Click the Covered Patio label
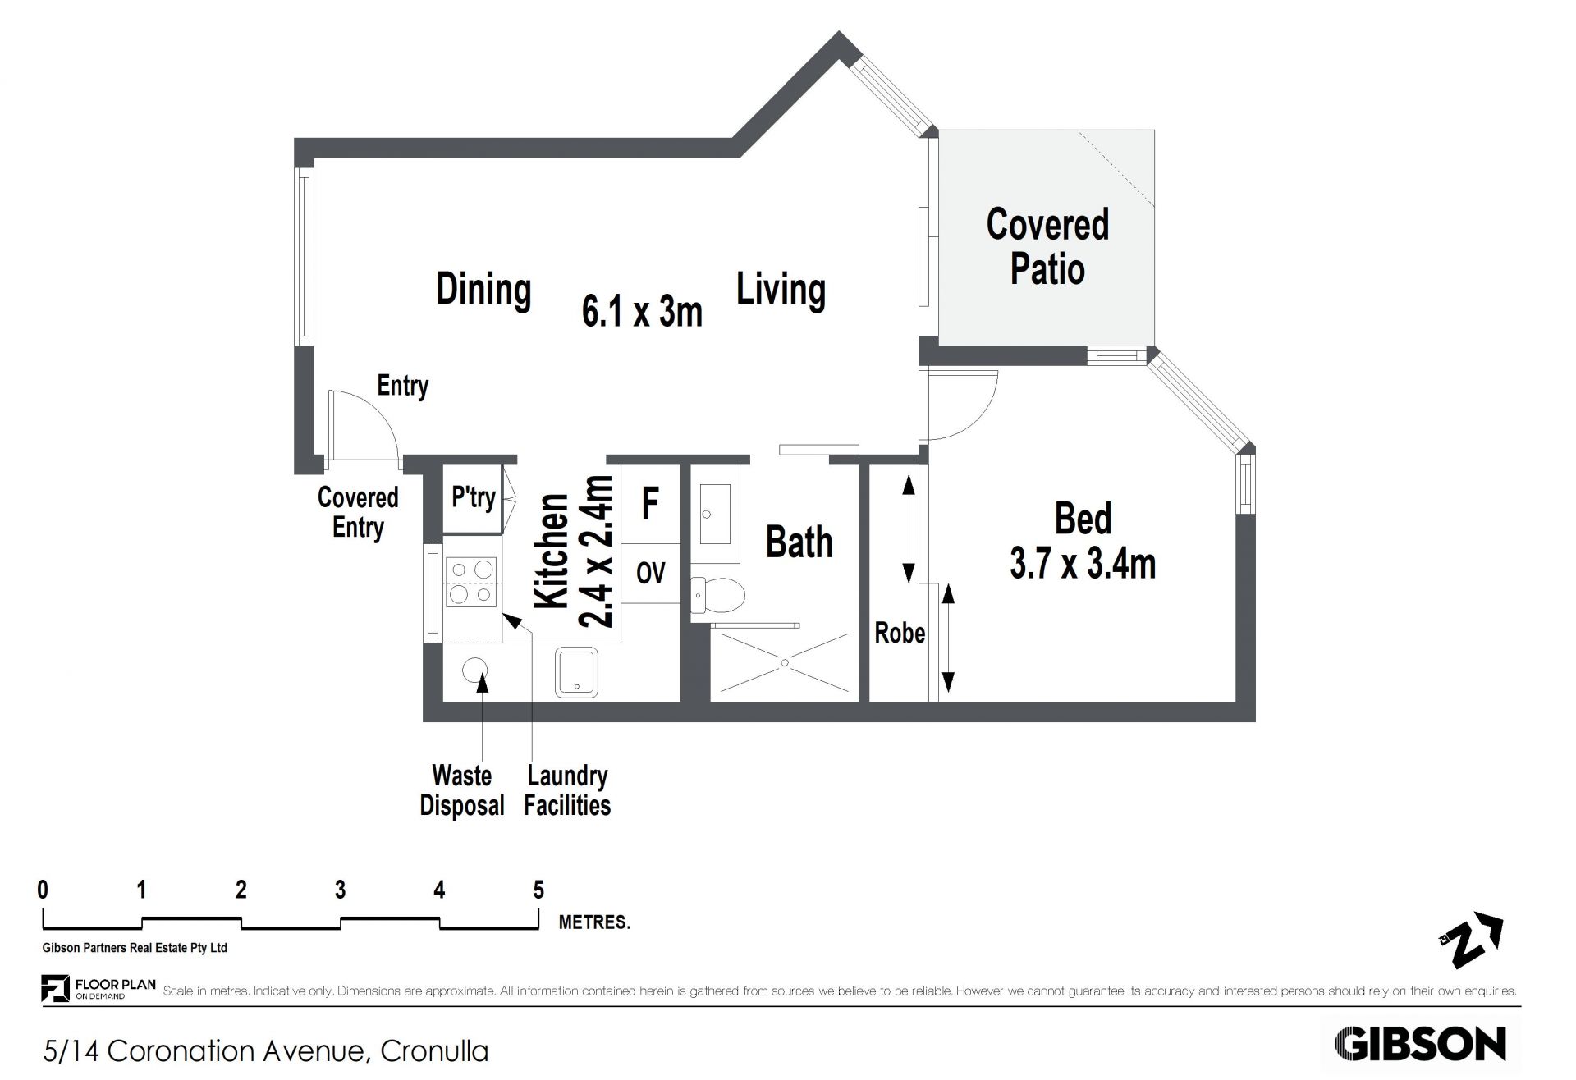point(1047,246)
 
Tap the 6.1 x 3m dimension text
point(642,312)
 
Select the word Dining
point(483,290)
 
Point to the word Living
point(781,290)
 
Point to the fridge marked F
point(650,503)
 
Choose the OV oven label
point(651,573)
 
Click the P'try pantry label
point(474,497)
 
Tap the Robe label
point(900,633)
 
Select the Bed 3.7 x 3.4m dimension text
point(1083,542)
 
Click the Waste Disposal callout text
point(462,790)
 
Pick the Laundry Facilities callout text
point(567,790)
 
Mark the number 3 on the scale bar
point(340,890)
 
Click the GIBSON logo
point(1420,1045)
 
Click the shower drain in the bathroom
point(785,661)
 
